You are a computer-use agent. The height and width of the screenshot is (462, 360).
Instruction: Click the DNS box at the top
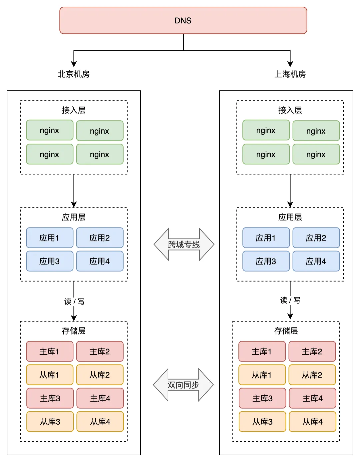(x=183, y=21)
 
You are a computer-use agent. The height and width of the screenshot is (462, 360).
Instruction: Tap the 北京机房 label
(x=74, y=74)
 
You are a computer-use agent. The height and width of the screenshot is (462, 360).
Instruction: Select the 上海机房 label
(x=290, y=74)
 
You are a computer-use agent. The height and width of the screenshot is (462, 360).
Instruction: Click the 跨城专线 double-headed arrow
(x=184, y=245)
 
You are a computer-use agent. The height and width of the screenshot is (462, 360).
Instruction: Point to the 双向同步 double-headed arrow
(x=183, y=385)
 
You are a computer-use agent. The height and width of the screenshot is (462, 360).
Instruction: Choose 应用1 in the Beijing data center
(x=49, y=238)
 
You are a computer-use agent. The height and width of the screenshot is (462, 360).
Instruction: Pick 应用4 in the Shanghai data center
(x=316, y=261)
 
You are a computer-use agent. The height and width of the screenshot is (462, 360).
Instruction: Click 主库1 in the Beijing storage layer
(x=49, y=352)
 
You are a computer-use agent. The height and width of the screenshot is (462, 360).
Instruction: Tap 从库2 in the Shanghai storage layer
(x=312, y=375)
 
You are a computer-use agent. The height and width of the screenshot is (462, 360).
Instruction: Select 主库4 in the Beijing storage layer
(x=100, y=398)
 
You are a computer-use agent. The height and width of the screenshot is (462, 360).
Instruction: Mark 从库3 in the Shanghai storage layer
(x=262, y=422)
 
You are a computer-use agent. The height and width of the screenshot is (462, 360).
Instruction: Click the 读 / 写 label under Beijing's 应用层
(x=74, y=302)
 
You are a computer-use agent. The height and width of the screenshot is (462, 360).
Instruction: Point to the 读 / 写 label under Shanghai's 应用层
(x=290, y=300)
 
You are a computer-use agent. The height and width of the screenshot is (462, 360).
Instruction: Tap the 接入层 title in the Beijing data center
(x=74, y=110)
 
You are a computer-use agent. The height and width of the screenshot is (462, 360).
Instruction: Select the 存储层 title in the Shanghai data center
(x=286, y=331)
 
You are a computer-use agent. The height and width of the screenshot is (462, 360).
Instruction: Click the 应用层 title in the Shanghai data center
(x=290, y=217)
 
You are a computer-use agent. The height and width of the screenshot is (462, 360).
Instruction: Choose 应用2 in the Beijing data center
(x=100, y=238)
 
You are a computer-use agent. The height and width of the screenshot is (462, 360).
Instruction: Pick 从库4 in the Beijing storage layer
(x=100, y=422)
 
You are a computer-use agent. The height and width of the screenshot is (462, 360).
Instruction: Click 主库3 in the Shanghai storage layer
(x=262, y=398)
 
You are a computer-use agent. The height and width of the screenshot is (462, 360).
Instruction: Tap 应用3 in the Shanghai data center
(x=266, y=261)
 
